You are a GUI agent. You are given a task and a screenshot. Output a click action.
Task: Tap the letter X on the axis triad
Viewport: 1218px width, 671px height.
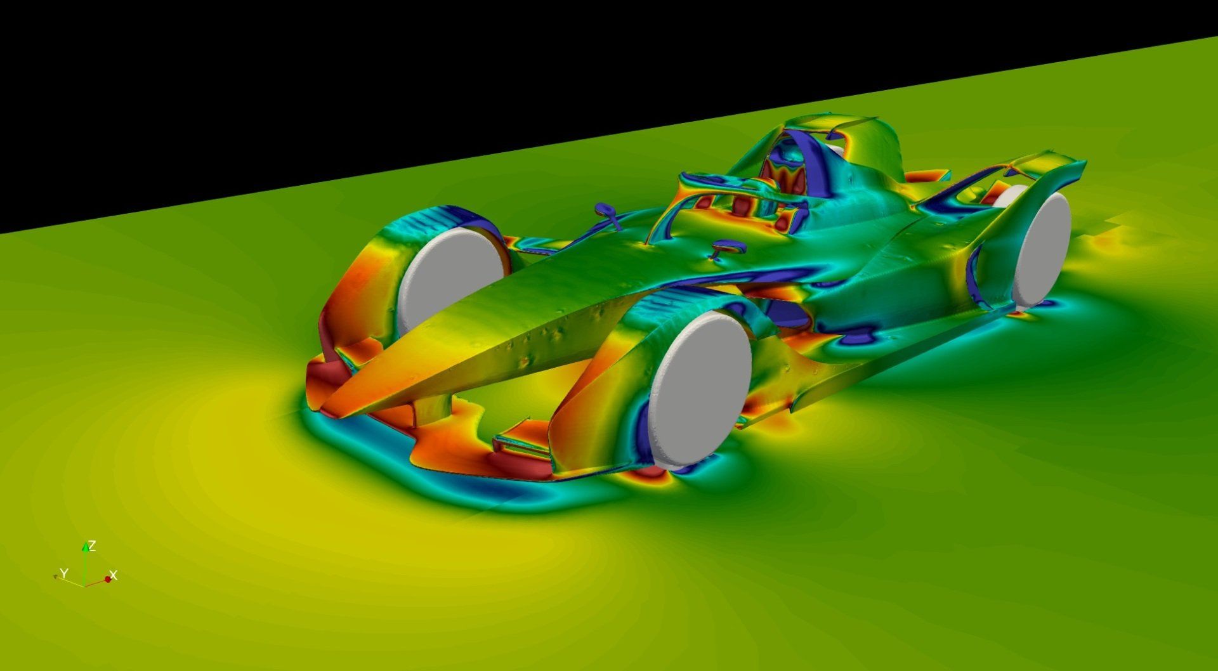(114, 576)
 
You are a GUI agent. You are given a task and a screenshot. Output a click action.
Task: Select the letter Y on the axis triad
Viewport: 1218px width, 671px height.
(63, 573)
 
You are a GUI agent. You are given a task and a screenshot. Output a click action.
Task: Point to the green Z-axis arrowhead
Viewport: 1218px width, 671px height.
(85, 547)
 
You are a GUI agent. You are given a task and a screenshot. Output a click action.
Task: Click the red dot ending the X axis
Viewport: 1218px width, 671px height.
(108, 579)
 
